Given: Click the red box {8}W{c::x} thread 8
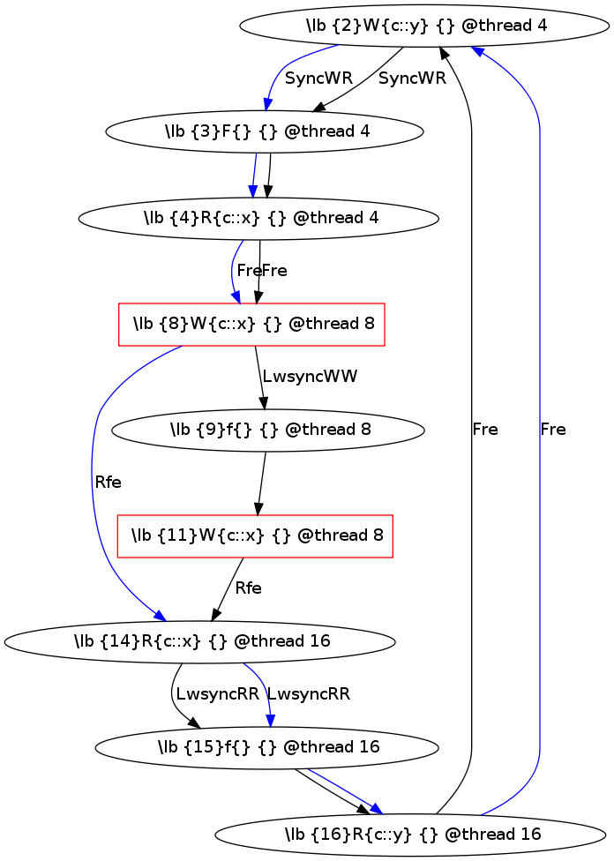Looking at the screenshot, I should (x=251, y=324).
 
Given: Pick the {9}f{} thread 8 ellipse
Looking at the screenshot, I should (x=268, y=430).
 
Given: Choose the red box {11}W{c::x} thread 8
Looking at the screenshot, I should (x=255, y=535).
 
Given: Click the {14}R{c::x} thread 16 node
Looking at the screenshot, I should (x=201, y=641).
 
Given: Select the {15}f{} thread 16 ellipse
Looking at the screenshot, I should (x=266, y=747).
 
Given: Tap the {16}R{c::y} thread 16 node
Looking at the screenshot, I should (x=411, y=832).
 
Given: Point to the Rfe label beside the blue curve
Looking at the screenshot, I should (x=107, y=482).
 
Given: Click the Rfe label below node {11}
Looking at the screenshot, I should (x=247, y=588).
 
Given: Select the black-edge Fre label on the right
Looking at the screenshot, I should (x=484, y=430).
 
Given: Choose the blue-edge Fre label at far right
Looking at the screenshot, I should (x=552, y=430).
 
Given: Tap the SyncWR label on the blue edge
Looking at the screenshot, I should (x=318, y=78).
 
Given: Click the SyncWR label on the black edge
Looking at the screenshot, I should (x=412, y=78).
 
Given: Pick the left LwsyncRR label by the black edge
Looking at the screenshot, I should (x=217, y=693).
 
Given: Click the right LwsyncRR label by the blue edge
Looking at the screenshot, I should (x=308, y=693).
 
